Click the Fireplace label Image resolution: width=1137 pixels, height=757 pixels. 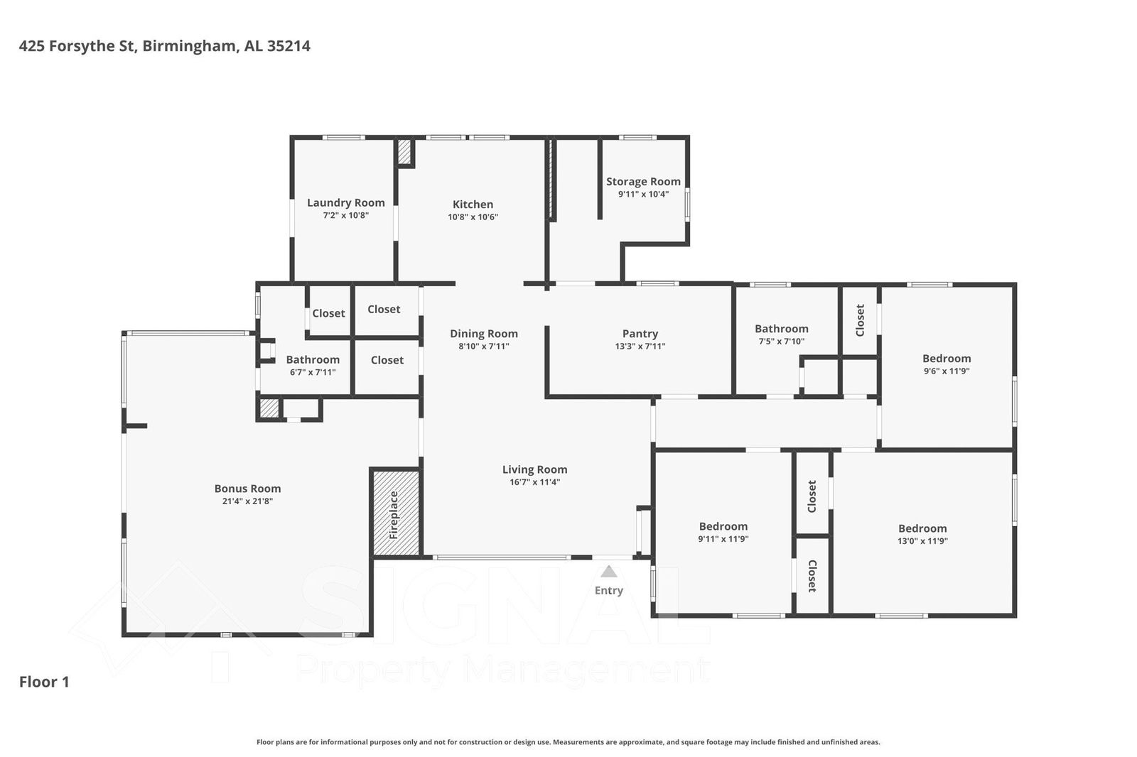click(x=394, y=515)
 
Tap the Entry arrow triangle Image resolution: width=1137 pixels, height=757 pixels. click(x=609, y=572)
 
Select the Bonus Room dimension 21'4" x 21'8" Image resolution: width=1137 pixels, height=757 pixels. click(x=248, y=501)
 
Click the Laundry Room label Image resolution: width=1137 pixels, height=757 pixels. click(x=345, y=202)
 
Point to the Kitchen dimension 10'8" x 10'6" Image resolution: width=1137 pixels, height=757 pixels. click(x=473, y=217)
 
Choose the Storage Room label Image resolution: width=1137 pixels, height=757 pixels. click(x=643, y=182)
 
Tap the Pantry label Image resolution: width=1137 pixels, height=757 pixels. click(x=640, y=334)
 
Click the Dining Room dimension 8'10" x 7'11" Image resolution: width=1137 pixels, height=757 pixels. click(x=484, y=347)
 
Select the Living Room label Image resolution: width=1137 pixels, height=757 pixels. click(x=535, y=470)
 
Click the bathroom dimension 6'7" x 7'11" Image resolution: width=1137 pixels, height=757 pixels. click(x=313, y=372)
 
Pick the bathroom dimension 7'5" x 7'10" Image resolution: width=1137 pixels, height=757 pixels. click(x=782, y=342)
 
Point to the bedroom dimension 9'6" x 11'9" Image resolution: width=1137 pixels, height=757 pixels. click(x=947, y=371)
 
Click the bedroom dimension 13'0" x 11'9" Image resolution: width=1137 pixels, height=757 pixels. click(x=922, y=541)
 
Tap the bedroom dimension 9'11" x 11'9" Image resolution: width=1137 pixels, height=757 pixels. click(x=723, y=539)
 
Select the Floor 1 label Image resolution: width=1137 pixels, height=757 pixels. click(x=44, y=682)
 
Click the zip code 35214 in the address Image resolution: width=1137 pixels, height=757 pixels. click(x=289, y=46)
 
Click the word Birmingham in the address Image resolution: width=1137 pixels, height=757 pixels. click(x=189, y=46)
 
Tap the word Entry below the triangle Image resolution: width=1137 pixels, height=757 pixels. click(x=609, y=591)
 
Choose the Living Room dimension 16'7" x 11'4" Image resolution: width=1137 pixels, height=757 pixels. click(x=535, y=482)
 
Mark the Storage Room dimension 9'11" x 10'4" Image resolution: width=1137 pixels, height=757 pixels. click(x=643, y=195)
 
